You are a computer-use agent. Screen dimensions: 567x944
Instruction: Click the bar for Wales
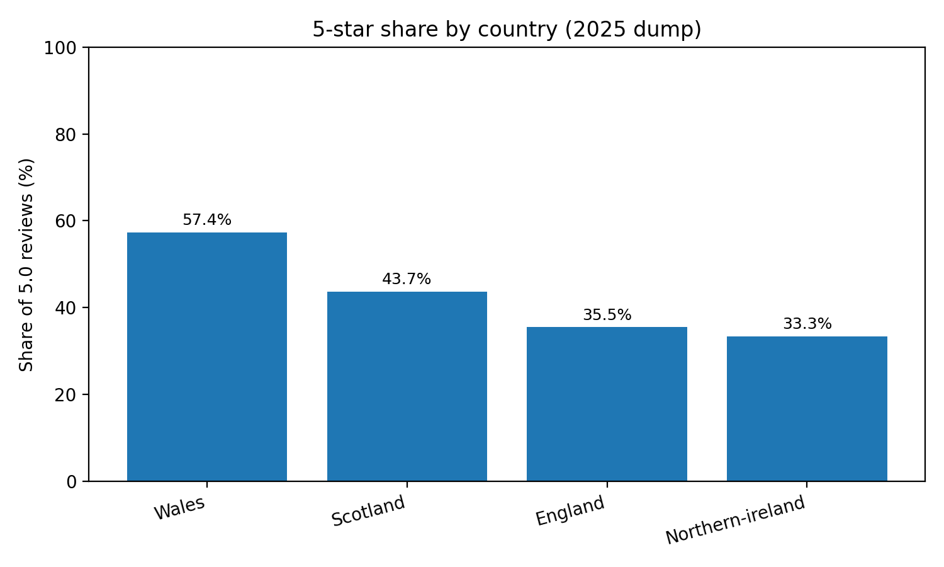(x=206, y=357)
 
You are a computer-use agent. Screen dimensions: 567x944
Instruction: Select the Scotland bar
(x=407, y=386)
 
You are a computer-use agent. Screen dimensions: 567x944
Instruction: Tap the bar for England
(x=607, y=404)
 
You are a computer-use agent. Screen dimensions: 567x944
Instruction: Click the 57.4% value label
(x=206, y=220)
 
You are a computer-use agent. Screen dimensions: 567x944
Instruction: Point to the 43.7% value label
(x=407, y=279)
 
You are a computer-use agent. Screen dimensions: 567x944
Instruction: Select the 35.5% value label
(x=607, y=315)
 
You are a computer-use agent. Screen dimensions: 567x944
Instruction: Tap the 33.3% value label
(x=807, y=324)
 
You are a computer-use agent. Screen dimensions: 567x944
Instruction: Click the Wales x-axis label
(x=180, y=508)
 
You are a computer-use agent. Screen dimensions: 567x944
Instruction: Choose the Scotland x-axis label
(x=369, y=511)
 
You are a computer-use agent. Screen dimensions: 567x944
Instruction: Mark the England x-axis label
(x=570, y=510)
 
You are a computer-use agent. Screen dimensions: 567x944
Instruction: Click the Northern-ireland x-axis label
(x=735, y=520)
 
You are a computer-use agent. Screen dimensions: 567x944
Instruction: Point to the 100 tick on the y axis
(x=60, y=48)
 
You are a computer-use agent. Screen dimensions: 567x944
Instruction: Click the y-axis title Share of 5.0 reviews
(x=26, y=265)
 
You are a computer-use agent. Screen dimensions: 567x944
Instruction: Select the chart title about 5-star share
(x=507, y=30)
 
